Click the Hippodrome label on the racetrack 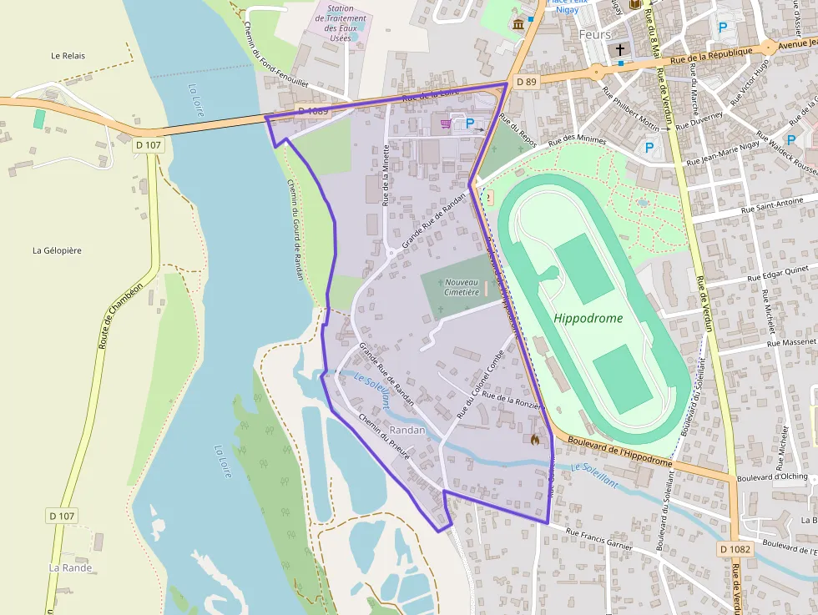(588, 319)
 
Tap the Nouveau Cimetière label (462, 287)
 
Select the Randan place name (407, 431)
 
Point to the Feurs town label (594, 35)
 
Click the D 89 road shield (526, 82)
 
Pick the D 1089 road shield (313, 111)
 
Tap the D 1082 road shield (735, 549)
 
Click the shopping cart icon (446, 124)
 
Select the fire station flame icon (534, 438)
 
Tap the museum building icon (518, 23)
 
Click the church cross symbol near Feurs (620, 50)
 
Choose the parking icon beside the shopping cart (469, 124)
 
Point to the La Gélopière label (57, 250)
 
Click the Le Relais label (68, 56)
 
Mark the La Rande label (70, 567)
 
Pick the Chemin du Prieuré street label (384, 436)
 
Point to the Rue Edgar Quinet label (780, 275)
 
